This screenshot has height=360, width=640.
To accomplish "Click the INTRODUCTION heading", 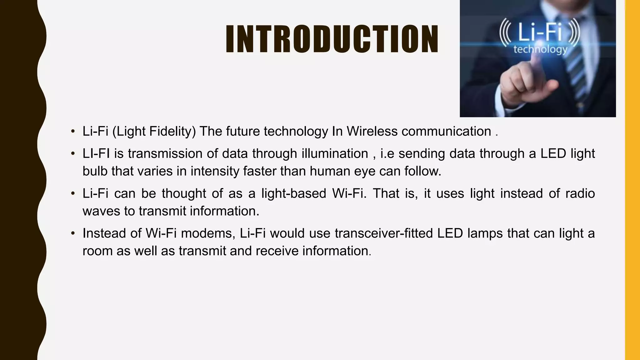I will (x=332, y=39).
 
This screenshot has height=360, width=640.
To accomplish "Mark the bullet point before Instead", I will (x=73, y=233).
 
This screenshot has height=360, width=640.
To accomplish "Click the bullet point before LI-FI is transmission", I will (x=73, y=154).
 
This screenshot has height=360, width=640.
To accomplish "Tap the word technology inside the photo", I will (x=540, y=49).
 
